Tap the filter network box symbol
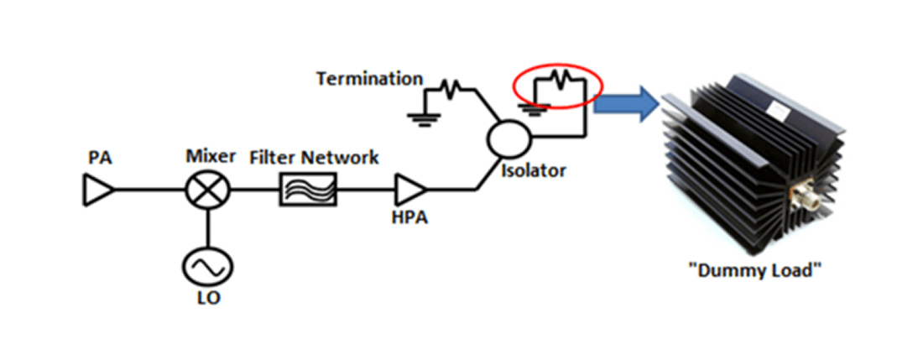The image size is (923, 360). pyautogui.click(x=308, y=190)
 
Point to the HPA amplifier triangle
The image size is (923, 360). pyautogui.click(x=410, y=190)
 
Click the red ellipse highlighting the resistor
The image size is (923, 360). pyautogui.click(x=558, y=86)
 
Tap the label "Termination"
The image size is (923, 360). pyautogui.click(x=370, y=79)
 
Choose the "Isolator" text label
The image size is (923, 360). pyautogui.click(x=535, y=171)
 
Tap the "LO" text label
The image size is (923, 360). pyautogui.click(x=207, y=300)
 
